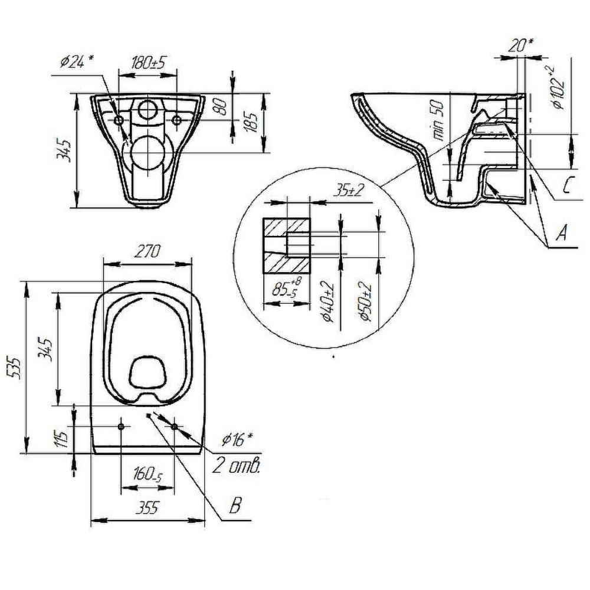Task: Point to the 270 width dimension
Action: pyautogui.click(x=147, y=252)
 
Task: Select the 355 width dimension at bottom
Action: pyautogui.click(x=147, y=509)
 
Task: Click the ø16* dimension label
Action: pyautogui.click(x=237, y=439)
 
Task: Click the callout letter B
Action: pyautogui.click(x=235, y=506)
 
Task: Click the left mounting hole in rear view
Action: pyautogui.click(x=119, y=120)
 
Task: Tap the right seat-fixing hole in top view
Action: pyautogui.click(x=175, y=427)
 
